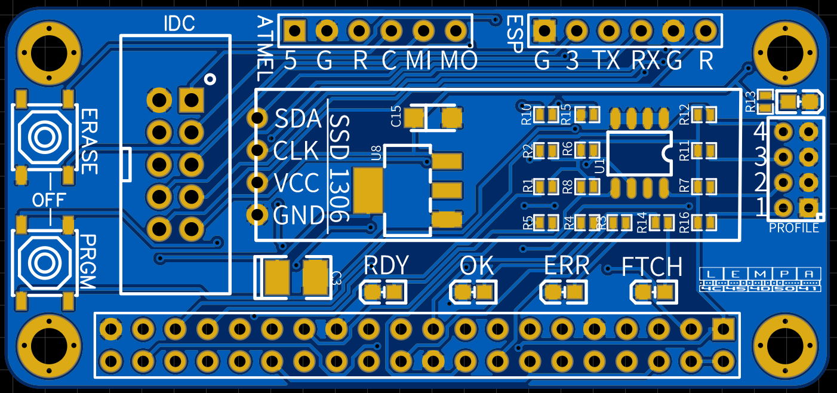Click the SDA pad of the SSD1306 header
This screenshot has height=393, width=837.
pyautogui.click(x=259, y=118)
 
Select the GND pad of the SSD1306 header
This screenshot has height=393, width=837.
pyautogui.click(x=259, y=213)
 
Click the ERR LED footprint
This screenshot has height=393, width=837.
pyautogui.click(x=564, y=292)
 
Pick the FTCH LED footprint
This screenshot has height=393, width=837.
pyautogui.click(x=654, y=292)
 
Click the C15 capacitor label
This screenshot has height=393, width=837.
pyautogui.click(x=396, y=116)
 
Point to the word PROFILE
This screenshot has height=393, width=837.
pyautogui.click(x=793, y=229)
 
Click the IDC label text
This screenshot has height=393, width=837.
pyautogui.click(x=179, y=24)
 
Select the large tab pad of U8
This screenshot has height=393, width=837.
pyautogui.click(x=368, y=191)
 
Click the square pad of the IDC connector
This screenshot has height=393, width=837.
pyautogui.click(x=191, y=100)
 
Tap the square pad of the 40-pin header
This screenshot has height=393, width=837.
pyautogui.click(x=724, y=328)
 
